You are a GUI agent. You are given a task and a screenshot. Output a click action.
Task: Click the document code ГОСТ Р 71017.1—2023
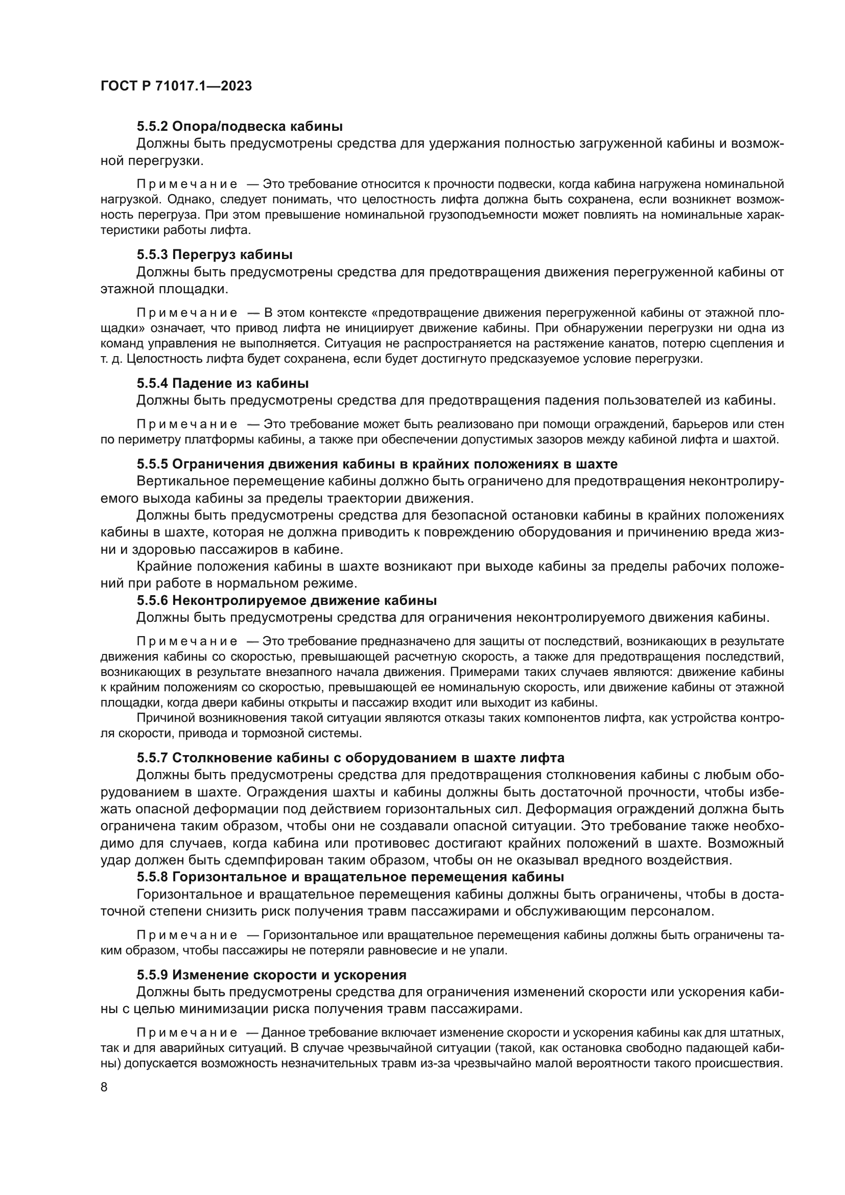tap(176, 86)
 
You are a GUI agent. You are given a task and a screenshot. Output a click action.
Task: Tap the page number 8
tap(104, 1087)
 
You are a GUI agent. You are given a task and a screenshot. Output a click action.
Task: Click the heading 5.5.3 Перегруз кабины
tap(215, 255)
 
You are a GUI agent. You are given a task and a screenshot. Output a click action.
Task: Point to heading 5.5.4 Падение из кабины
tap(223, 384)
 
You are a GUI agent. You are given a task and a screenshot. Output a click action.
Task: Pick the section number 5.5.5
tap(152, 464)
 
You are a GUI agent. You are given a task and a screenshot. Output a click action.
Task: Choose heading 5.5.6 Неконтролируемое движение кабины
tap(287, 600)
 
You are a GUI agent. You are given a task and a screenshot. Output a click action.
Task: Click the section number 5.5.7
tap(152, 757)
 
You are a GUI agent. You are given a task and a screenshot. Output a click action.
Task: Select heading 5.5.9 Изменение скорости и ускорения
tap(272, 975)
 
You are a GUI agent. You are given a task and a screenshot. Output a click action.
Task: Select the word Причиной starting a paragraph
tap(161, 718)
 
